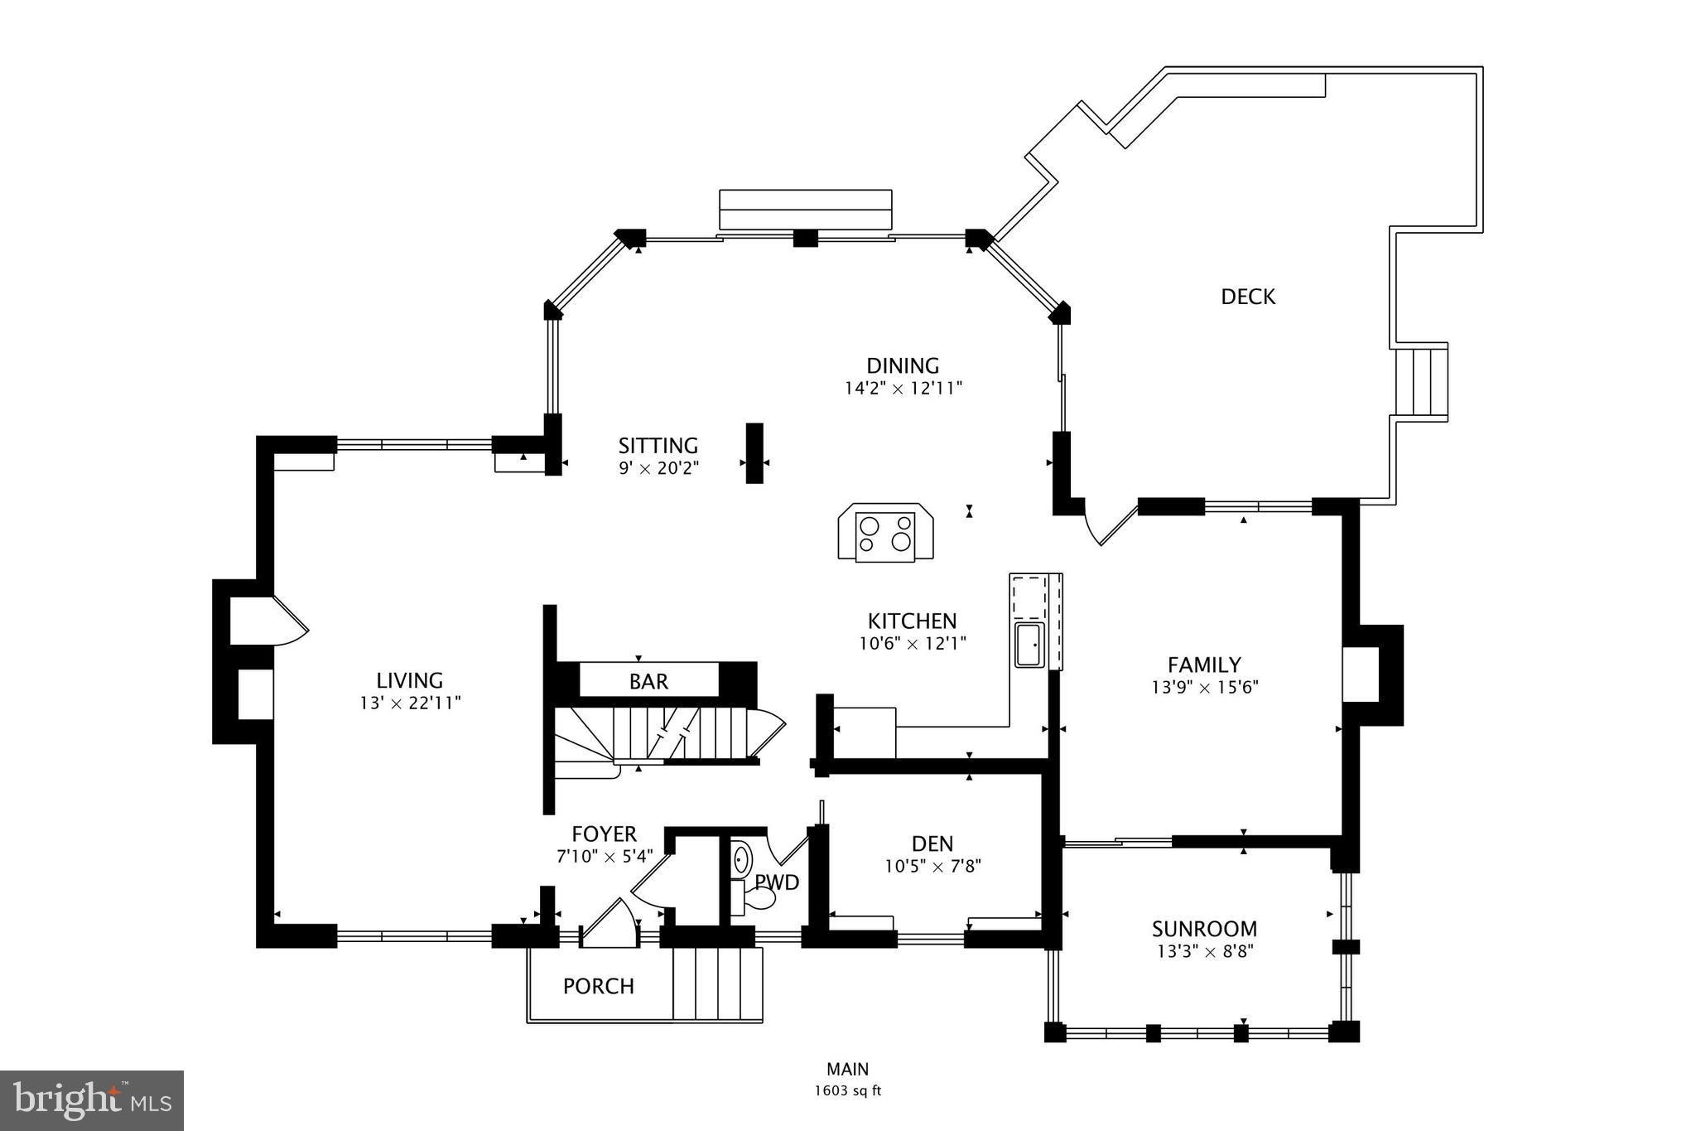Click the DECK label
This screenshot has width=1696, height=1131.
coord(1248,297)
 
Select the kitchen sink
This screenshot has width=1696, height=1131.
coord(1029,645)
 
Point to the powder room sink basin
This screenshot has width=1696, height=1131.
coord(740,859)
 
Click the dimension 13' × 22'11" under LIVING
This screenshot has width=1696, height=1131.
coord(410,703)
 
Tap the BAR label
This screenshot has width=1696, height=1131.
coord(648,682)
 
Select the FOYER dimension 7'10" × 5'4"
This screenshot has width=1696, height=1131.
coord(604,857)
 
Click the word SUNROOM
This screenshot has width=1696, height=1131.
coord(1204,929)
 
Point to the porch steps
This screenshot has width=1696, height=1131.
coord(717,984)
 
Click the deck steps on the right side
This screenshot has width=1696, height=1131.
coord(1421,381)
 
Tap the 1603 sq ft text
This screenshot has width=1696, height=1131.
coord(847,1091)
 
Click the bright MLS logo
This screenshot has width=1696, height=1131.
coord(92,1100)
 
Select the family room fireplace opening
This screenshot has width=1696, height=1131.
coord(1360,674)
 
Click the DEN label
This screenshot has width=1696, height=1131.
coord(932,844)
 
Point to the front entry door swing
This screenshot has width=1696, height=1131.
coord(611,921)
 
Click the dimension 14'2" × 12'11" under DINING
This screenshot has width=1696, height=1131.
coord(903,389)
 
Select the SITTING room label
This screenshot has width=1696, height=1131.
coord(658,446)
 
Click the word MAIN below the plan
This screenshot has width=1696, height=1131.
coord(847,1070)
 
